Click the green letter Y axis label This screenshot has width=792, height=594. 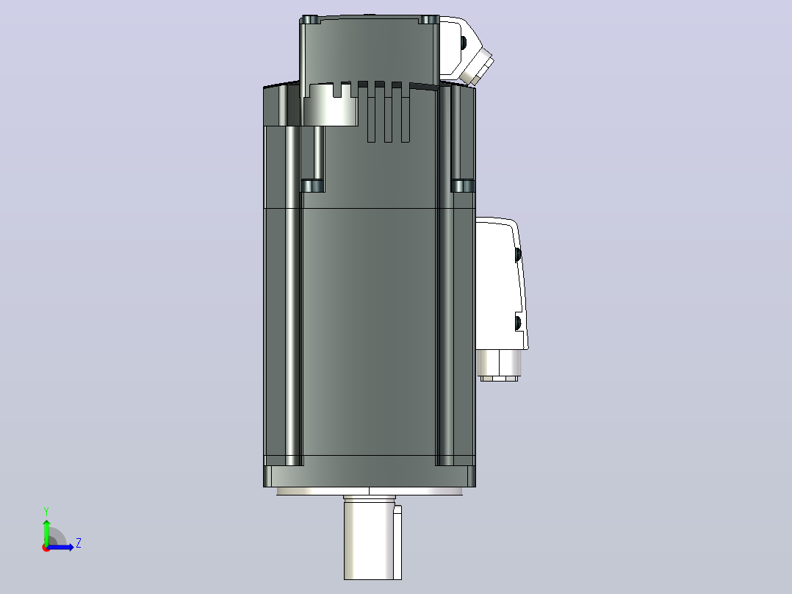(x=46, y=511)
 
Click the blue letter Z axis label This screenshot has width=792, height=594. (x=79, y=543)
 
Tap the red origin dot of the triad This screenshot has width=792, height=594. (x=46, y=548)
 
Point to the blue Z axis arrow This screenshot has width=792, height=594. (x=60, y=546)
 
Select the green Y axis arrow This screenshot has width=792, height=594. (x=46, y=533)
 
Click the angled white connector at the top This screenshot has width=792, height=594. (x=464, y=49)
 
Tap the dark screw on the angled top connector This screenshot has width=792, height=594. (x=463, y=43)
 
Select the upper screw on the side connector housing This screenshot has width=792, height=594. (x=518, y=254)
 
